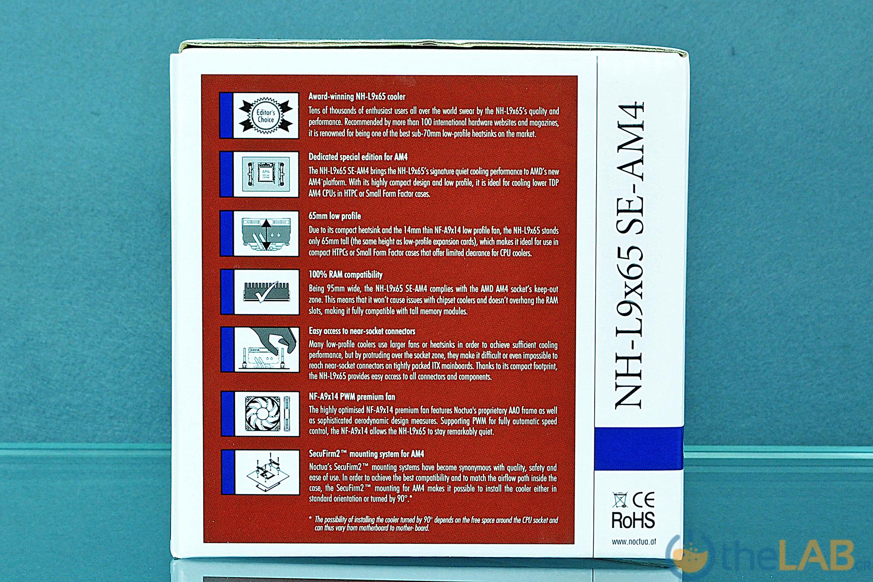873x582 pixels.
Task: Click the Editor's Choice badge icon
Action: (x=266, y=115)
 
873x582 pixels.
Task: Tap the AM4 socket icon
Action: (x=266, y=174)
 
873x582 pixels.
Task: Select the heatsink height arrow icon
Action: (x=266, y=233)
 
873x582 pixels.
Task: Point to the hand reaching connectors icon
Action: (x=266, y=350)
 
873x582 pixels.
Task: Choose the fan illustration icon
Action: (x=266, y=414)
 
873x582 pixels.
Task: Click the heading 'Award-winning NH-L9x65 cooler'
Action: (x=357, y=96)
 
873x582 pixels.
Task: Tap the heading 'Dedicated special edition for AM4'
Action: (x=358, y=157)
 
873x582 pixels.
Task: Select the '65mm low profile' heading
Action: (x=335, y=216)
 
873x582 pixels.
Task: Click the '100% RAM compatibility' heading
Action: (x=346, y=275)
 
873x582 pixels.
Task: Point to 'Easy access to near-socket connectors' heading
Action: (x=362, y=331)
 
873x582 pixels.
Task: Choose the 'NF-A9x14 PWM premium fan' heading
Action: (x=352, y=396)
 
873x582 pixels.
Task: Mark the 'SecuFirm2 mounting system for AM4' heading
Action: (x=366, y=454)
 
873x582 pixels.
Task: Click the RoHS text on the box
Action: (x=633, y=520)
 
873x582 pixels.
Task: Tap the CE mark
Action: (x=643, y=500)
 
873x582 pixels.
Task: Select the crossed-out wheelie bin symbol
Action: (x=619, y=500)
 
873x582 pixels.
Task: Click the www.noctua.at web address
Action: (x=633, y=542)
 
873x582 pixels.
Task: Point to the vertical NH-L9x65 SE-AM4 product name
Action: (x=630, y=255)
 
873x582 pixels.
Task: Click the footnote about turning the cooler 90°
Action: (x=433, y=523)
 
